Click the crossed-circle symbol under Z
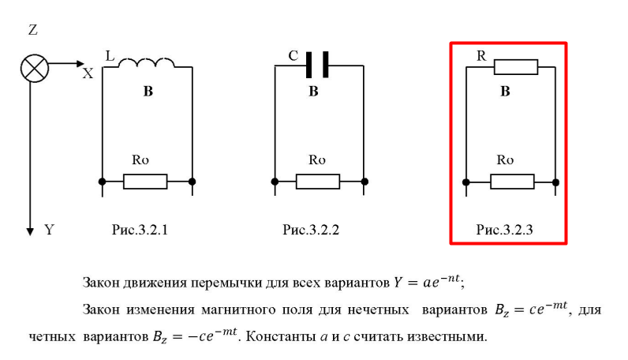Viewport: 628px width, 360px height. pos(32,69)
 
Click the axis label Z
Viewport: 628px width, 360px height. pos(32,31)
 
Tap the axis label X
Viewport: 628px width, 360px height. pos(88,73)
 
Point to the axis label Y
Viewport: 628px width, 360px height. pos(49,231)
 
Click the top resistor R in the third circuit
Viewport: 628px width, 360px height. pos(516,67)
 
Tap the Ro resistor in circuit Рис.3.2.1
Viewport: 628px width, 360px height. pos(145,182)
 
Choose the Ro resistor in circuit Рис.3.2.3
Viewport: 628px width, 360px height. pos(512,182)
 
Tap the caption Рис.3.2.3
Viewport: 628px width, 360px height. pos(503,231)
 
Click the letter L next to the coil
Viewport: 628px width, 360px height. pos(110,55)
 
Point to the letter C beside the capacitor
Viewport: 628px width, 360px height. pos(293,56)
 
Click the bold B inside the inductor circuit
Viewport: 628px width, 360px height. pos(148,92)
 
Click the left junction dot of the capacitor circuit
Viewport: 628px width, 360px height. pos(274,182)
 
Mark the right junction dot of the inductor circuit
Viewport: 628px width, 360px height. pos(193,182)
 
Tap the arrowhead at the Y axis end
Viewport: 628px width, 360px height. pos(31,231)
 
